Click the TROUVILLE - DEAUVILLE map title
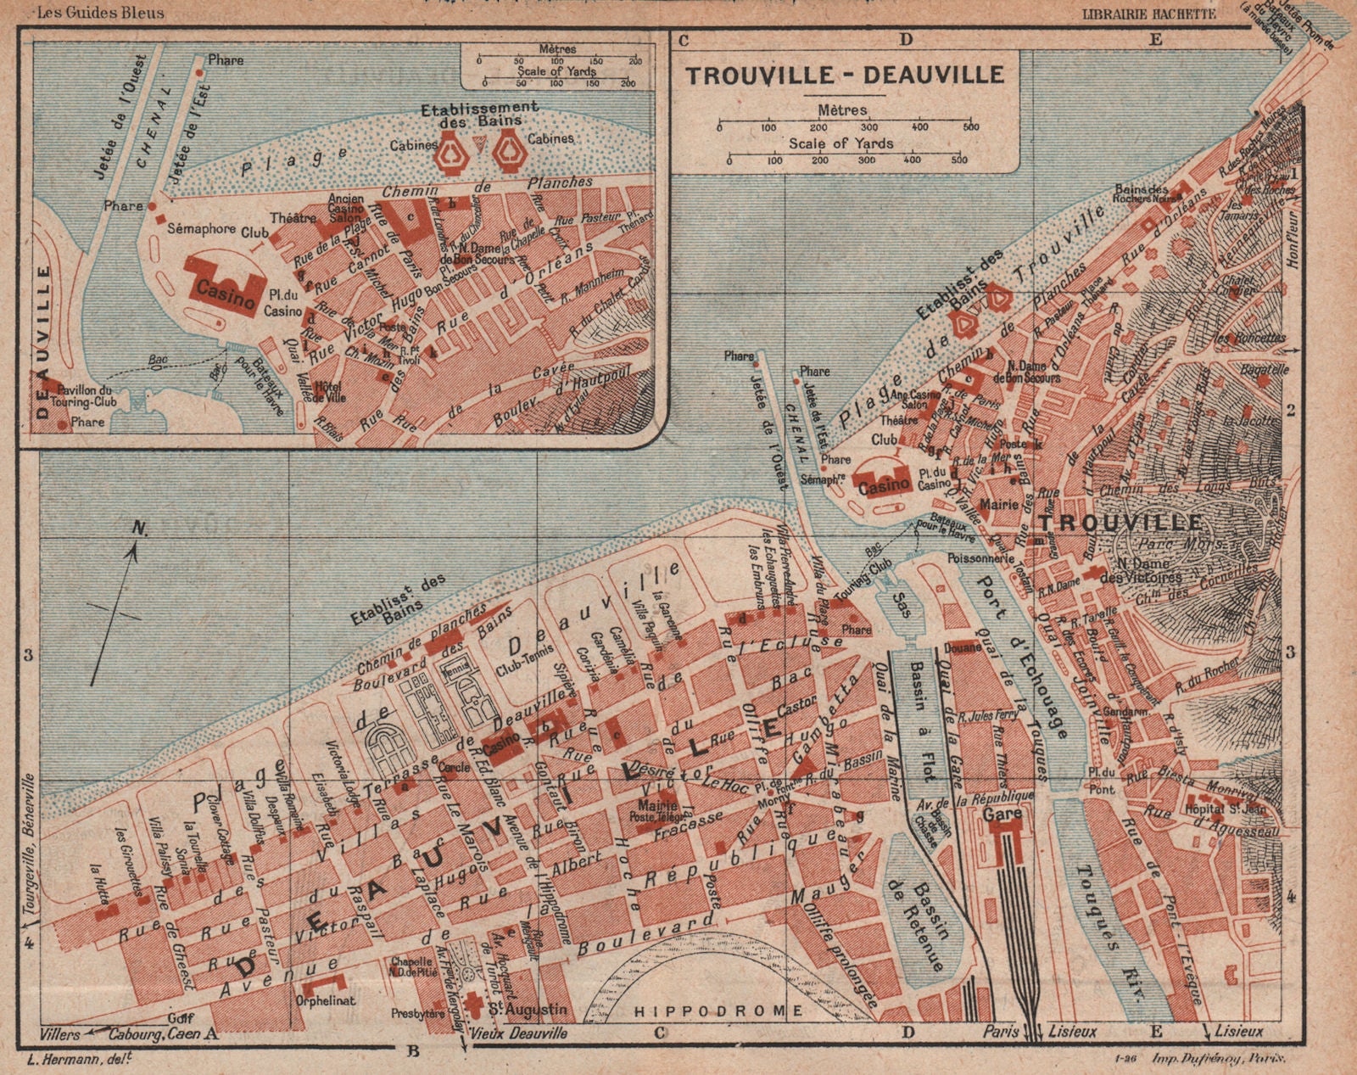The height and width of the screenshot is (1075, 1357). point(845,75)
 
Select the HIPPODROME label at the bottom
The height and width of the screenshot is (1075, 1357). point(718,1011)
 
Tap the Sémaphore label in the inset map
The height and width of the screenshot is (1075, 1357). point(201,229)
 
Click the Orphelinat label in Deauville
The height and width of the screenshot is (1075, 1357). point(326,1000)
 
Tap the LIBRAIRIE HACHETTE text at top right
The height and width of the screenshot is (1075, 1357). point(1149,14)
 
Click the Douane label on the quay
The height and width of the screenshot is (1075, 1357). point(963,647)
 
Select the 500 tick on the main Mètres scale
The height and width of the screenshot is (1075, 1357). point(970,127)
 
